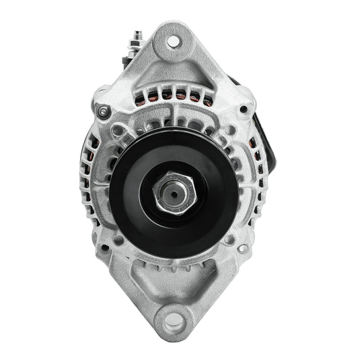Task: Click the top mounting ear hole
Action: tap(173, 42)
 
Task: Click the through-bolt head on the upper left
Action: tap(103, 112)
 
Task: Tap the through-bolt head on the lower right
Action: tap(242, 248)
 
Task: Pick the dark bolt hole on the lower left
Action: tap(104, 248)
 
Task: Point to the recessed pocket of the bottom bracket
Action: tap(173, 282)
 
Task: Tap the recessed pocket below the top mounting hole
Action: tap(173, 74)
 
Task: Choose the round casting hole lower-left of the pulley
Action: tap(118, 239)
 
